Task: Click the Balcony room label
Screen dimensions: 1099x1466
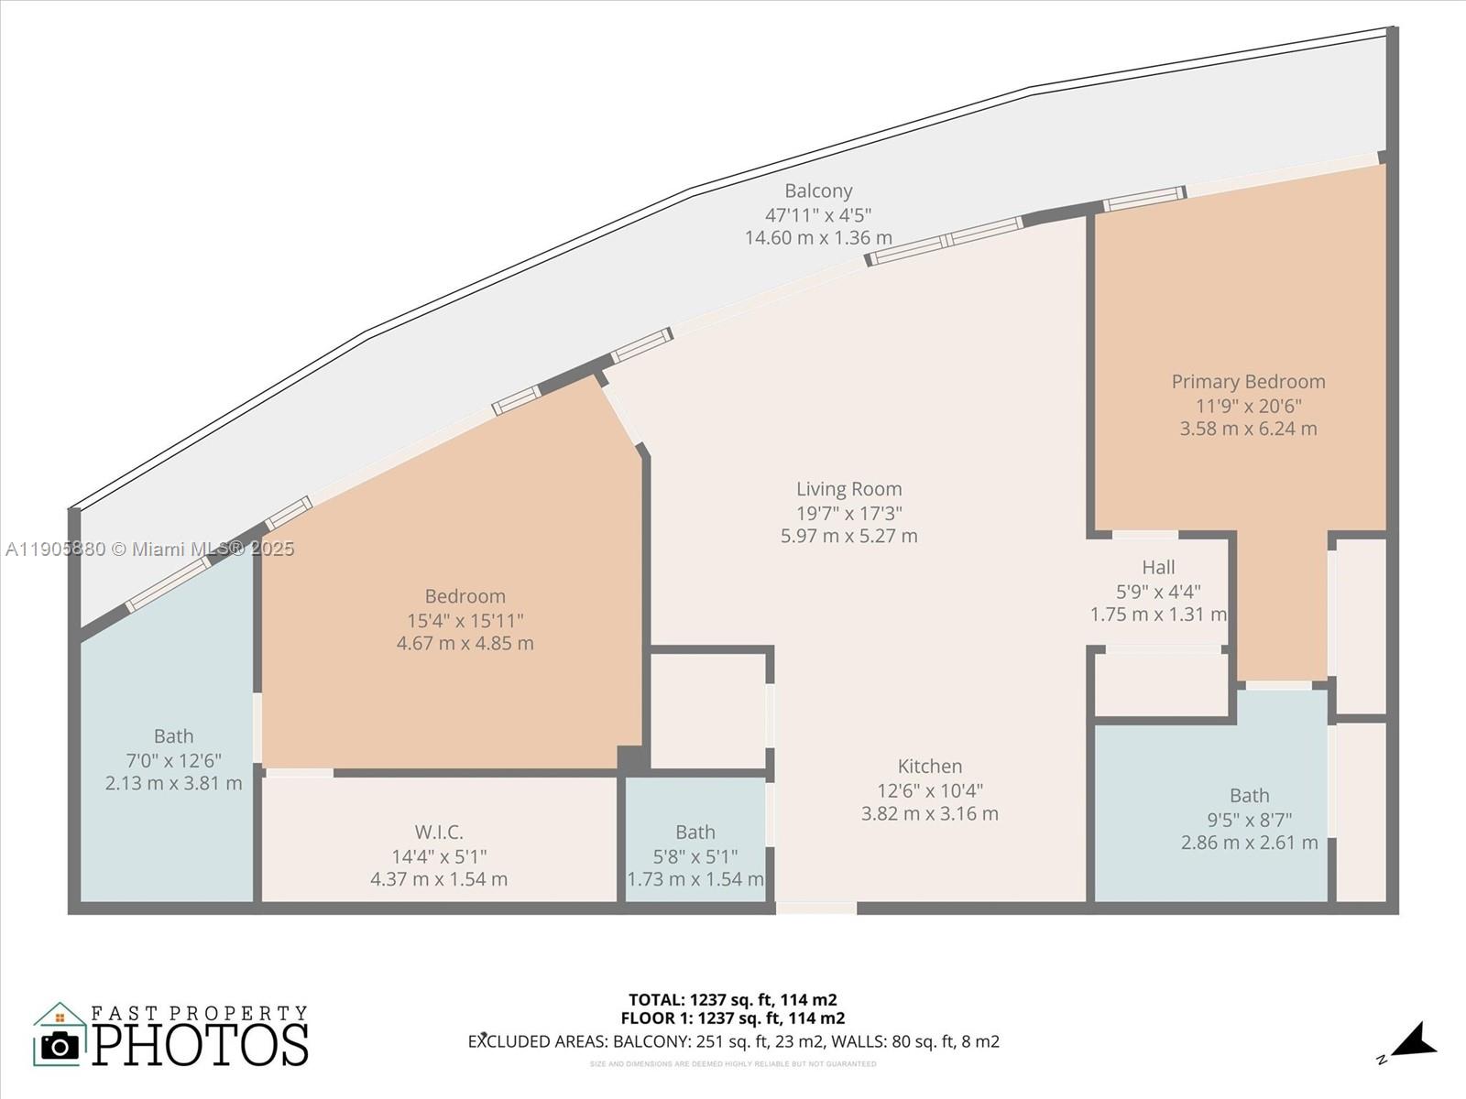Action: coord(818,191)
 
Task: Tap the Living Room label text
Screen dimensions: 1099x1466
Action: coord(848,489)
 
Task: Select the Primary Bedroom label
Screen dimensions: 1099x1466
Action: coord(1248,382)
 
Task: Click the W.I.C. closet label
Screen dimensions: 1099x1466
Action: coord(439,832)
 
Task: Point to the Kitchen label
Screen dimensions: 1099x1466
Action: coord(929,767)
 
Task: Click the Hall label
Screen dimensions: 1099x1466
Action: coord(1158,568)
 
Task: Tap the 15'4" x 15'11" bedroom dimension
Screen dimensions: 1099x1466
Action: coord(465,620)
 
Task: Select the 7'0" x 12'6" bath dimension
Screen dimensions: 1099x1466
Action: coord(173,760)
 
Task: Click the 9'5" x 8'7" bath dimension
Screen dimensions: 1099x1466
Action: coord(1249,820)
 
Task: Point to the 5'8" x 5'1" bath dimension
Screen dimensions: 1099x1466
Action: coord(695,856)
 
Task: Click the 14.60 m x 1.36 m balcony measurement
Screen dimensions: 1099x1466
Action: coord(818,238)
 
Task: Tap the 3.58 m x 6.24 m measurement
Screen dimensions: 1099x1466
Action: coord(1248,429)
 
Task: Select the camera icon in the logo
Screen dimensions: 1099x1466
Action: coord(60,1045)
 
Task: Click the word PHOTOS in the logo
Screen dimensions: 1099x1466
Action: coord(200,1045)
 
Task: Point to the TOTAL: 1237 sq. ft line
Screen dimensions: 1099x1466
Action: coord(732,1000)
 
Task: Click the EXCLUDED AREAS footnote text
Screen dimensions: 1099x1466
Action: coord(733,1041)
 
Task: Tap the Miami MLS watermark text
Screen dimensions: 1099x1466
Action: coord(150,549)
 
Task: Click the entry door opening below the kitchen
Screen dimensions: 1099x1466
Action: coord(815,909)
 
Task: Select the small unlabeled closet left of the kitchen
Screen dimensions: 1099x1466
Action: coord(707,711)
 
